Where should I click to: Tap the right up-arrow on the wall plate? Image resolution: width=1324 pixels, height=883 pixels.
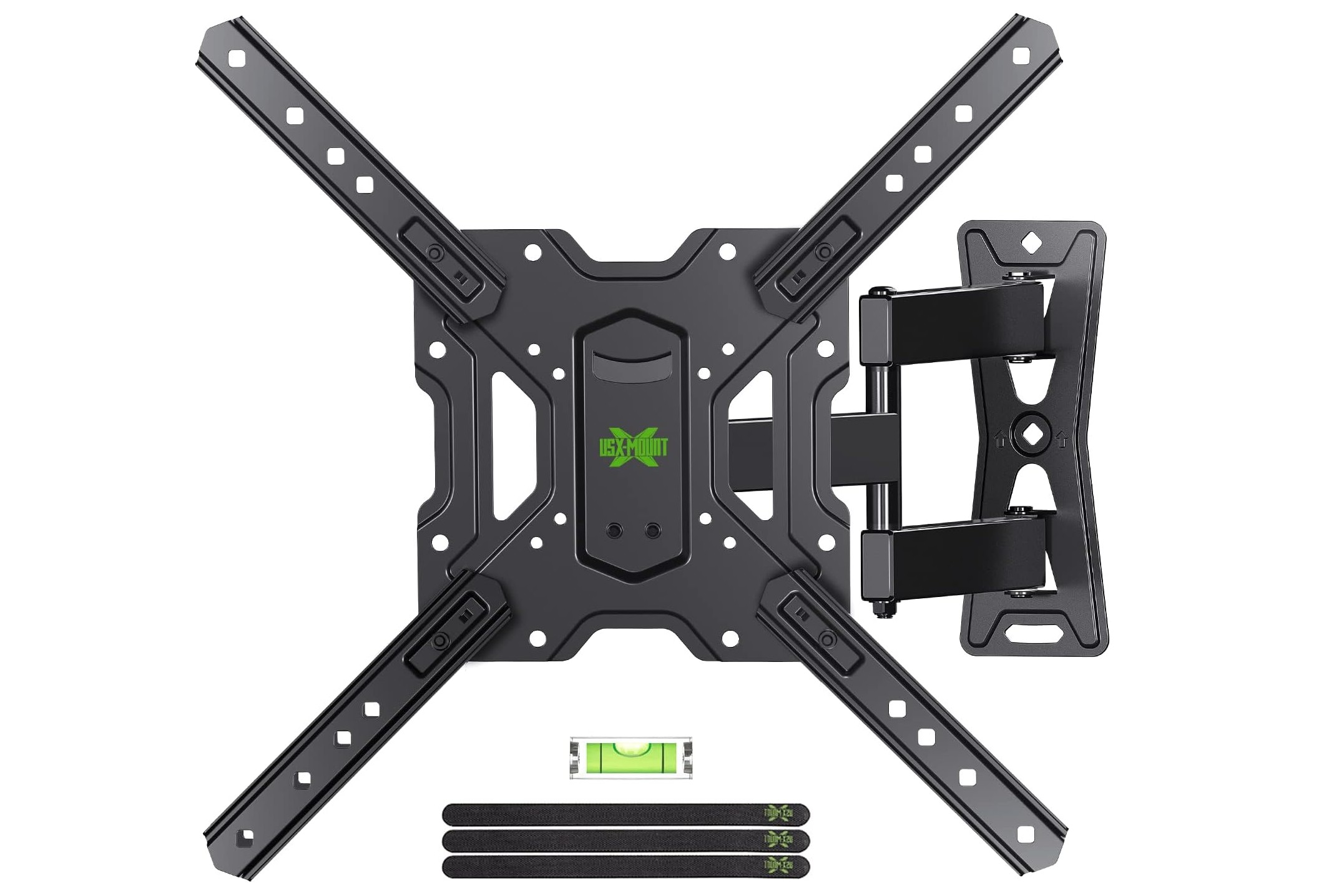tap(1061, 440)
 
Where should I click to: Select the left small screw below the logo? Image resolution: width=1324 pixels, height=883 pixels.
tap(614, 530)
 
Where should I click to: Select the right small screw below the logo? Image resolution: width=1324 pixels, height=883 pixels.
tap(653, 530)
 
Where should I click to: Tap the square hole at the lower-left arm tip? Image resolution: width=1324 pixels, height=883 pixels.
tap(246, 836)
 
